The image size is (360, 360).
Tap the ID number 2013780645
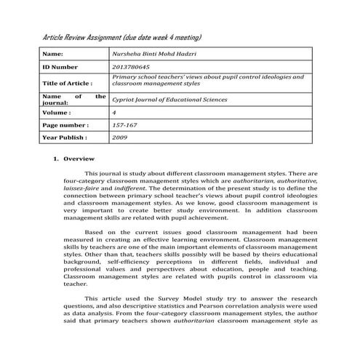[x=129, y=67]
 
